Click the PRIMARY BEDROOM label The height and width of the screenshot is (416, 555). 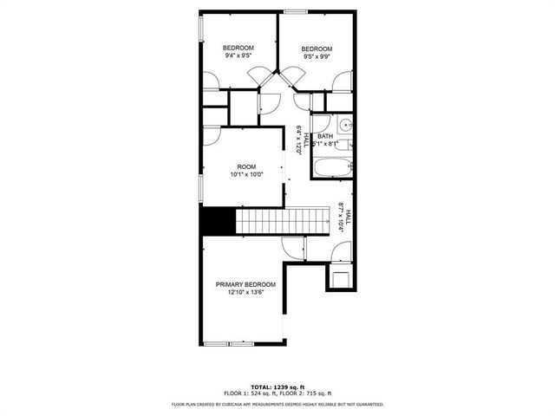pyautogui.click(x=245, y=284)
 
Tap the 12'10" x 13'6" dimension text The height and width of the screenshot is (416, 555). pyautogui.click(x=245, y=293)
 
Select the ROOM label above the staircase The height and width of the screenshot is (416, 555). pyautogui.click(x=246, y=166)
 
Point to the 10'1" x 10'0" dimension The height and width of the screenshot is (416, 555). pyautogui.click(x=246, y=175)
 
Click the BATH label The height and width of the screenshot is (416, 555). pyautogui.click(x=324, y=136)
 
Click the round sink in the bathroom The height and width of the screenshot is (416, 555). pyautogui.click(x=344, y=123)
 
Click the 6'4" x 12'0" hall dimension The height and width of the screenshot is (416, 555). pyautogui.click(x=298, y=139)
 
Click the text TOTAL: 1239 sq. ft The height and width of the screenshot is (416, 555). pyautogui.click(x=277, y=386)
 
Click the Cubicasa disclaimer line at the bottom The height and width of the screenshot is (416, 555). pyautogui.click(x=277, y=403)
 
